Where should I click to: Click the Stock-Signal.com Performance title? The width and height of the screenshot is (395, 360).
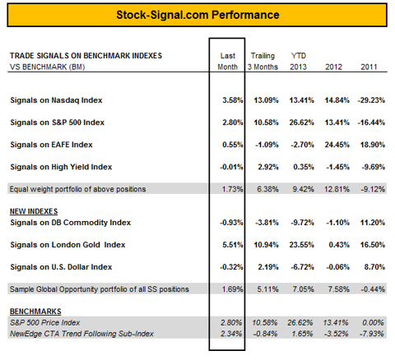point(197,15)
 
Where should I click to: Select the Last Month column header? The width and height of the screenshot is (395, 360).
point(227,62)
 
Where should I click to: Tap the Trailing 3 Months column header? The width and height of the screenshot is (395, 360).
point(263,62)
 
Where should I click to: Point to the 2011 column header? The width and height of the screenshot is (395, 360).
point(369,67)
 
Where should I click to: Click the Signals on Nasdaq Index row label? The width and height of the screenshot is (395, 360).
point(56,100)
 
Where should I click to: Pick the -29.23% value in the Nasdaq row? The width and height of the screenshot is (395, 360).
point(371,100)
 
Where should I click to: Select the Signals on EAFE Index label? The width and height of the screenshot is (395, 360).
point(51,145)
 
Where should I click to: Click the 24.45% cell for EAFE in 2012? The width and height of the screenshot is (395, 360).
point(337,145)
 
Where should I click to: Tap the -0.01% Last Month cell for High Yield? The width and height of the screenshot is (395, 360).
point(231,167)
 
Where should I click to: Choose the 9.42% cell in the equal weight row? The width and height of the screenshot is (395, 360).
point(303,189)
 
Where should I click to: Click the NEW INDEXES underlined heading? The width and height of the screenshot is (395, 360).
point(34,211)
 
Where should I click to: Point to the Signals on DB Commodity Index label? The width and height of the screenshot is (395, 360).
point(71,223)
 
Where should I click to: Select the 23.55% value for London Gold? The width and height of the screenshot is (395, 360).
point(301,245)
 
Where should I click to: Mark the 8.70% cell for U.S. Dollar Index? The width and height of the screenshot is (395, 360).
point(374,267)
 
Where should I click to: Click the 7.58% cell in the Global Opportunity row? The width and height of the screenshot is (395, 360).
point(338,289)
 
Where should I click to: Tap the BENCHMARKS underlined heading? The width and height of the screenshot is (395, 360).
point(35,312)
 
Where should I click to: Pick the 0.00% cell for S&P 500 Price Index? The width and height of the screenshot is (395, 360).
point(373,323)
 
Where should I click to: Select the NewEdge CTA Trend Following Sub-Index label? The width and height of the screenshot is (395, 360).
point(81,334)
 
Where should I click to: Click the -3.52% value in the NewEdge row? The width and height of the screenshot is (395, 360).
point(336,334)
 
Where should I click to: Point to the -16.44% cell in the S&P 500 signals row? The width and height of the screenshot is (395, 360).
point(371,122)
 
